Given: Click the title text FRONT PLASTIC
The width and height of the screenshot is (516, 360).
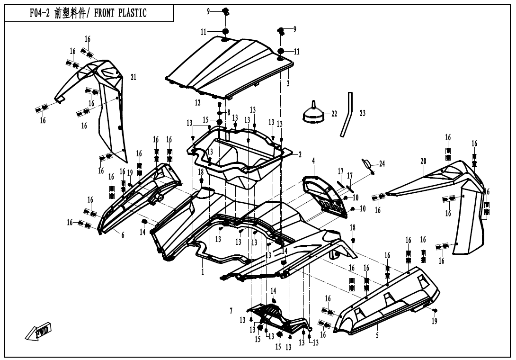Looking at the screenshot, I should click(x=120, y=13).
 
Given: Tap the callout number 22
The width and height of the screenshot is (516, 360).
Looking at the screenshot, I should click(x=334, y=114).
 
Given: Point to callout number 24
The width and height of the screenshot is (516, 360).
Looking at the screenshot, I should click(x=382, y=164).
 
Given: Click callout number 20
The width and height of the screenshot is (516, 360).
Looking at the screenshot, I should click(x=423, y=161).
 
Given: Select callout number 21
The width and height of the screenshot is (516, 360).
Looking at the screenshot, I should click(x=133, y=77).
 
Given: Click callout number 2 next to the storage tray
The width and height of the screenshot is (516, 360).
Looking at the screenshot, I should click(x=299, y=154).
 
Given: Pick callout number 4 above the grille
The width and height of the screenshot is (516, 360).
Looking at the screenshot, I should click(x=313, y=161).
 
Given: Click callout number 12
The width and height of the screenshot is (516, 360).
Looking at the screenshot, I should click(x=198, y=103).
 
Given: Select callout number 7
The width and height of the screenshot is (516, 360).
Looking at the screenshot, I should click(x=231, y=311).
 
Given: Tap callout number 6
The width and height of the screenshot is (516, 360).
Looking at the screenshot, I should click(x=123, y=235).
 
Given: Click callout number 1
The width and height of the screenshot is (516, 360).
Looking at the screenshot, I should click(x=202, y=272).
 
